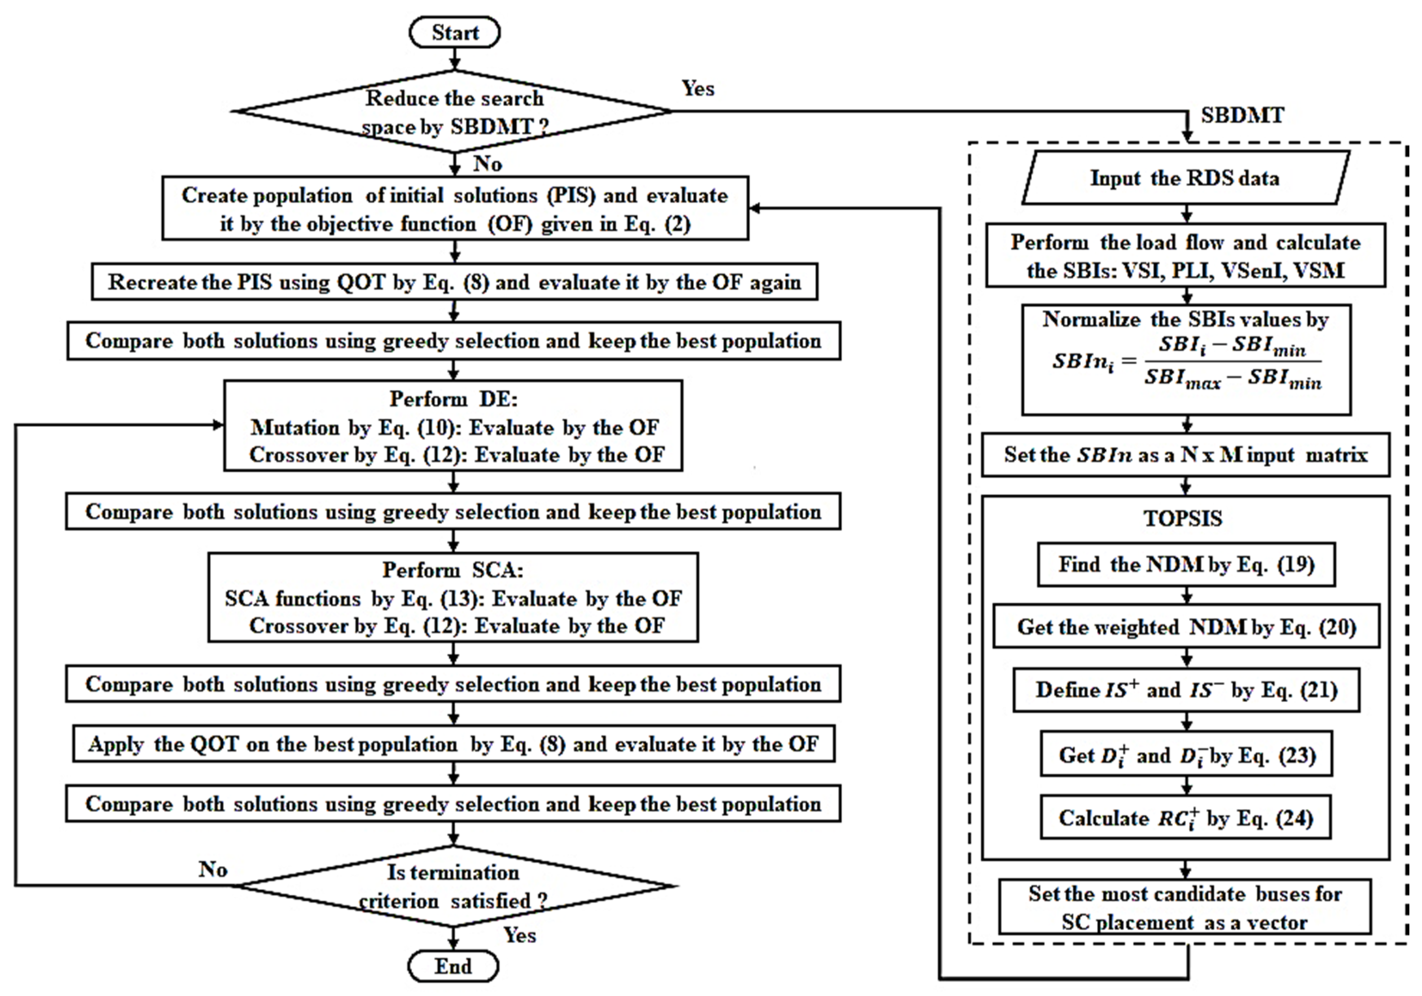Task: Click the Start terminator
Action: click(x=454, y=32)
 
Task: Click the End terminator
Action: click(x=453, y=965)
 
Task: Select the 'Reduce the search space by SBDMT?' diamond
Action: click(x=454, y=112)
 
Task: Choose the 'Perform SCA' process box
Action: click(x=453, y=598)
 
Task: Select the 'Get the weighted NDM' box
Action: click(x=1186, y=627)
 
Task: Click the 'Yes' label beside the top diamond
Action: click(x=698, y=88)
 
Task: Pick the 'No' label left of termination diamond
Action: click(x=213, y=869)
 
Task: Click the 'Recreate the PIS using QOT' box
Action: click(x=454, y=282)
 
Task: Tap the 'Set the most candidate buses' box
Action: click(x=1185, y=908)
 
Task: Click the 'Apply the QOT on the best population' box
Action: click(x=453, y=744)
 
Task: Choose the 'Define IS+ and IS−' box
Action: click(x=1186, y=690)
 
